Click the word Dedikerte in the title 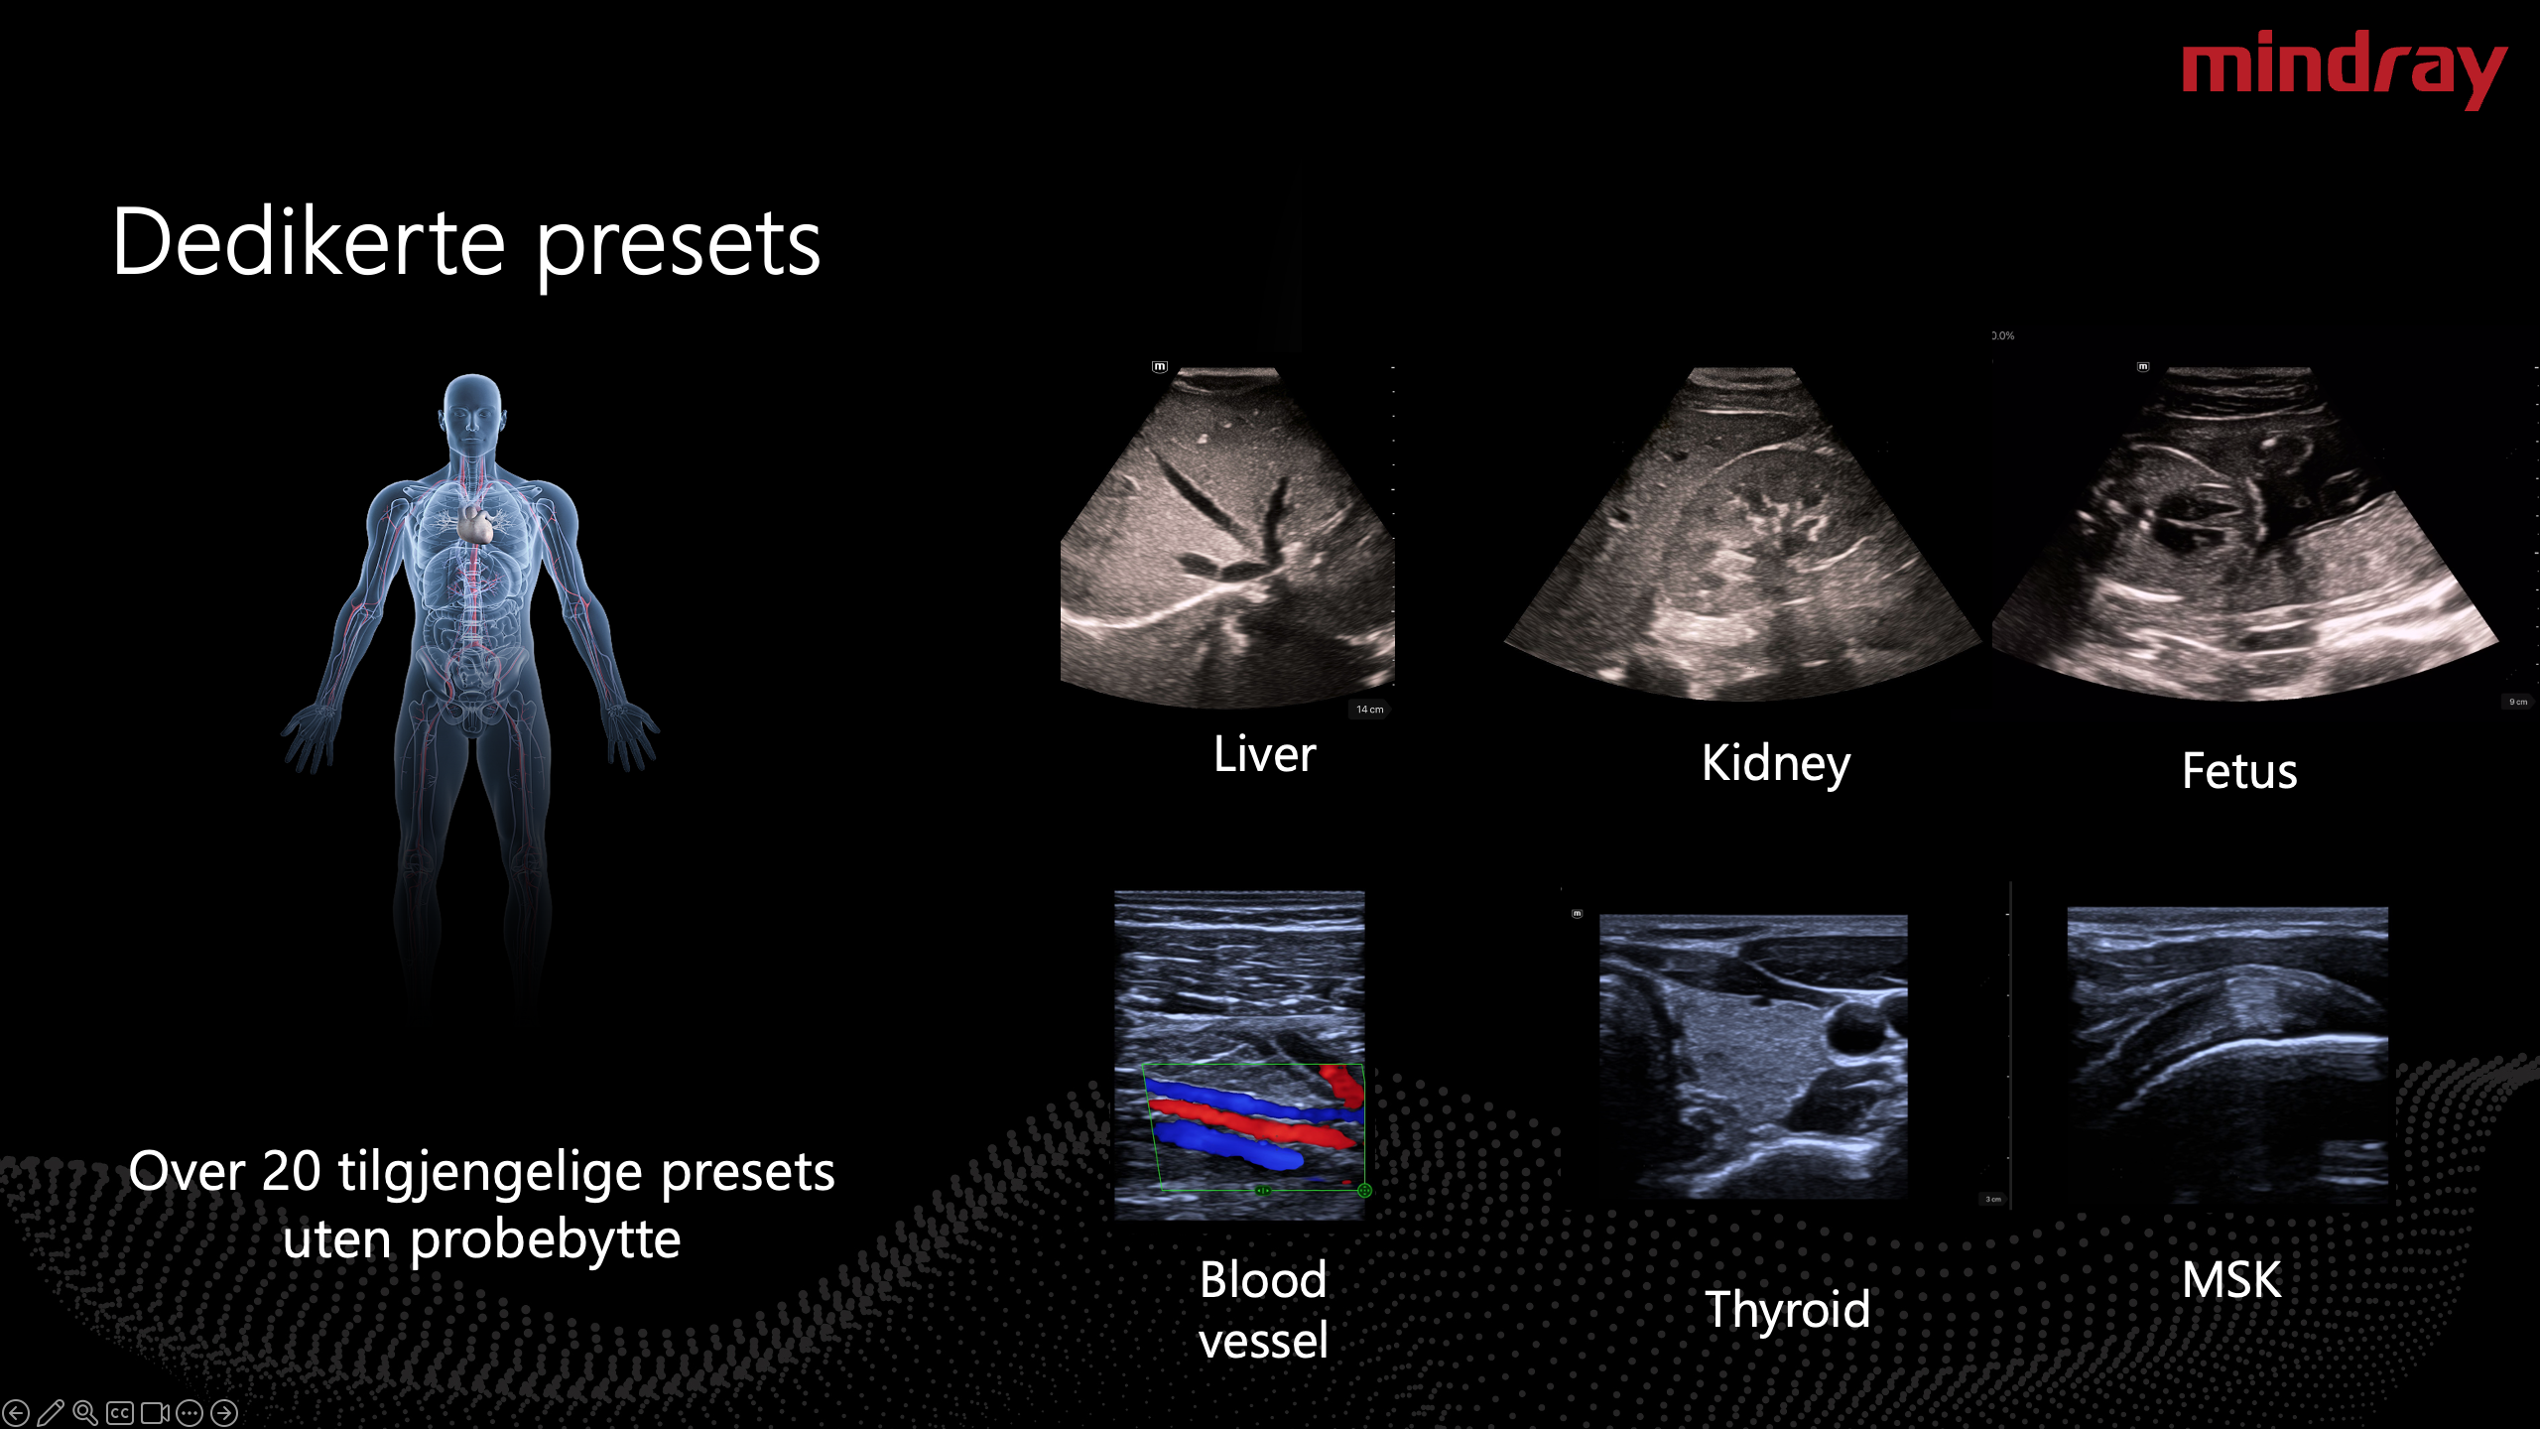(309, 242)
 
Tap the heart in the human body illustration (475, 523)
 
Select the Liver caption (1264, 754)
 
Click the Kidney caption (1776, 763)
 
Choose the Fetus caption (2239, 771)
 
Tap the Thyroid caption (1787, 1310)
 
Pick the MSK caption (2231, 1280)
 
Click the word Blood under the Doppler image (1263, 1280)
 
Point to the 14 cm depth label (1370, 710)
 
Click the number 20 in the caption (291, 1172)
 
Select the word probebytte (545, 1240)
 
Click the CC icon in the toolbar (120, 1412)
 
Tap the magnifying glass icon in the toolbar (85, 1412)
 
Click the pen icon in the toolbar (51, 1412)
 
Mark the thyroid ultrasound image (1753, 1056)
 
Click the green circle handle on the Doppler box (1364, 1190)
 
